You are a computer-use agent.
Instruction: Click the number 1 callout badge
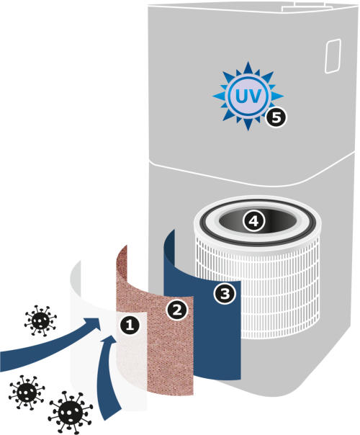pos(130,325)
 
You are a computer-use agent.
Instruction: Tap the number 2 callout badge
pos(176,310)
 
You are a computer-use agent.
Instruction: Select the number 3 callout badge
pos(225,293)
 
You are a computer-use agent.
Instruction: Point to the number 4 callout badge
pos(253,221)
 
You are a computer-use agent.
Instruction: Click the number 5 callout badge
pos(276,117)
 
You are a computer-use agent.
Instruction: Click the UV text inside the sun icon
pos(248,96)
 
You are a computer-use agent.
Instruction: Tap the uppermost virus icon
pos(40,320)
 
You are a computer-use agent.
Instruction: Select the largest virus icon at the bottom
pos(70,412)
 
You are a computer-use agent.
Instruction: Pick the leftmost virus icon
pos(27,393)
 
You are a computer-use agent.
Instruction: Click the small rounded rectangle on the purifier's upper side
pos(333,56)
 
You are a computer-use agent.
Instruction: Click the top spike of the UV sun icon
pos(248,68)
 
